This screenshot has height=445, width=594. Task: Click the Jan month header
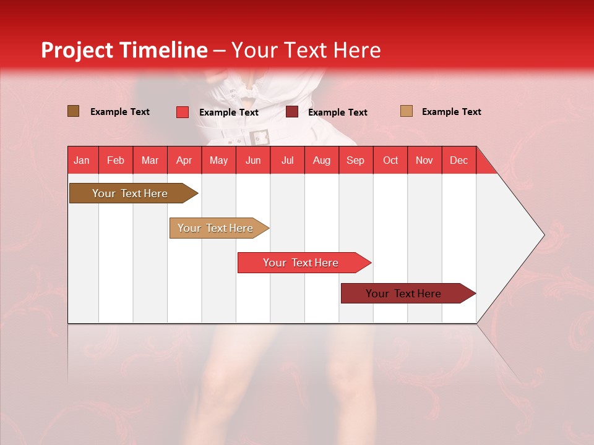[x=82, y=160]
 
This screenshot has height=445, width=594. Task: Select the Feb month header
[x=116, y=160]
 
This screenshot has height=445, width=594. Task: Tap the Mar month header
[x=150, y=160]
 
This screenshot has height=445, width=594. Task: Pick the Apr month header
[x=184, y=160]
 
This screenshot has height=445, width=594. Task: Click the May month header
[x=218, y=160]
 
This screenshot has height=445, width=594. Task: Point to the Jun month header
[x=253, y=160]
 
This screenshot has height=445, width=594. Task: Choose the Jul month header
[x=287, y=160]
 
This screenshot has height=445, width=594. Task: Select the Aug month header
[x=322, y=160]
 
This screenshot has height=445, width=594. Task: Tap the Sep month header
[x=356, y=160]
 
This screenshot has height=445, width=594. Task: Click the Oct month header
[x=390, y=160]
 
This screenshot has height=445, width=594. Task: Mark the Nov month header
[x=424, y=160]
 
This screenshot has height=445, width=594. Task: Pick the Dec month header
[x=459, y=160]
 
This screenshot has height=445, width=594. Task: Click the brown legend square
[x=74, y=111]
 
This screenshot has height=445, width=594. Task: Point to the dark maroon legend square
[x=292, y=112]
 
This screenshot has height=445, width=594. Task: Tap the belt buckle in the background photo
[x=259, y=137]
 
